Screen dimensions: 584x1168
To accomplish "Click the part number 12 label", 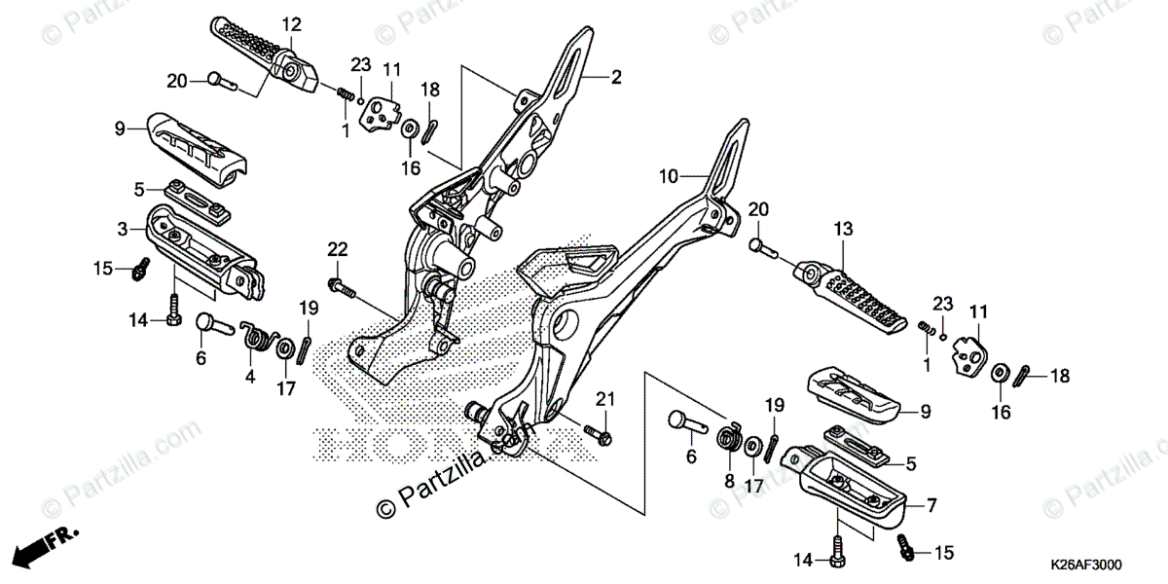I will [x=292, y=22].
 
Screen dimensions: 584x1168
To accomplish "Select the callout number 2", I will [x=615, y=77].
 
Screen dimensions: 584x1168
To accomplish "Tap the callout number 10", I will [x=667, y=176].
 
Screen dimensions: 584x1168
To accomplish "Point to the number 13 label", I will [x=842, y=229].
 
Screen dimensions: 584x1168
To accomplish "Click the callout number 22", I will [x=337, y=250].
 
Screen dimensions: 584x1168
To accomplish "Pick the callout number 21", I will [x=605, y=399].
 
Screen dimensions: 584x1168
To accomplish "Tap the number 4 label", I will [x=249, y=376].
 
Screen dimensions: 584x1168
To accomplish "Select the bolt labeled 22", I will [x=341, y=287].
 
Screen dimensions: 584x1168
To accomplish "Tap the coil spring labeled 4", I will [x=258, y=338].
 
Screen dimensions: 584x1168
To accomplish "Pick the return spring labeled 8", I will [x=727, y=438].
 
